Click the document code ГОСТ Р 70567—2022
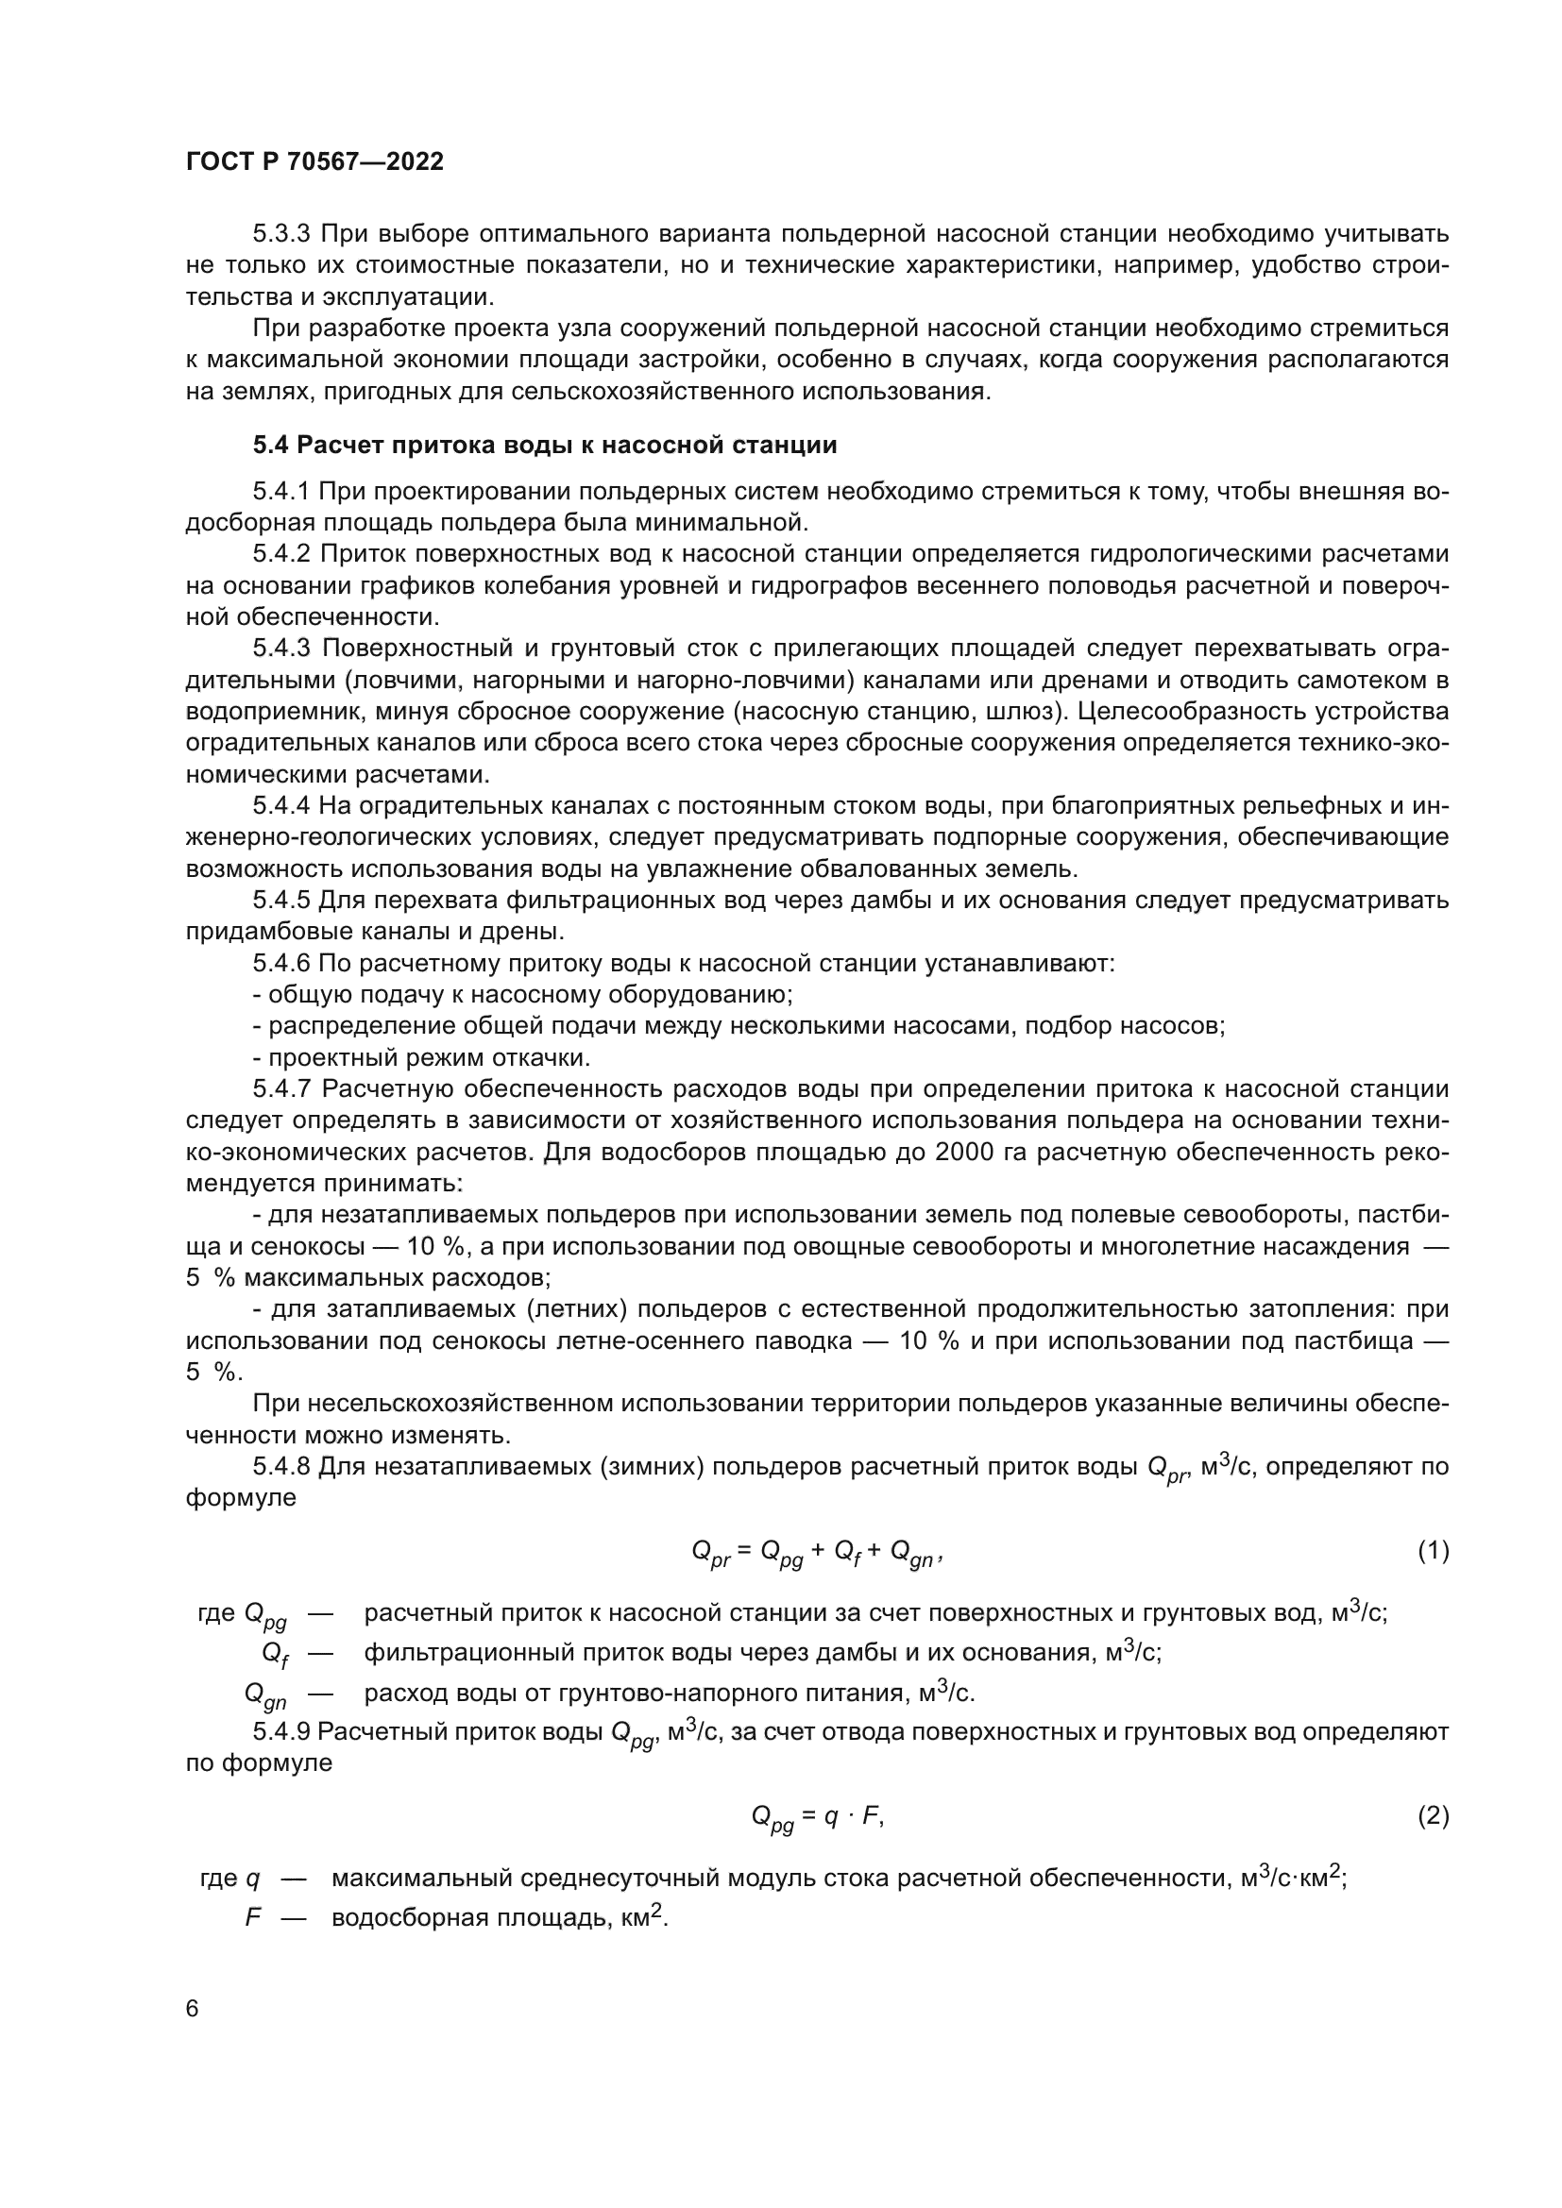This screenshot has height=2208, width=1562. click(314, 161)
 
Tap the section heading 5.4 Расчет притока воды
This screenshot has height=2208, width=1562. click(544, 446)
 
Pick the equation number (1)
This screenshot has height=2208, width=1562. click(1433, 1551)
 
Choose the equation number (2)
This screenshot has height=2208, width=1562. click(1433, 1815)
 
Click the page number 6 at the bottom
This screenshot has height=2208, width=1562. click(193, 2009)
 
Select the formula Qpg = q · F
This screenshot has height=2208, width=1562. click(817, 1816)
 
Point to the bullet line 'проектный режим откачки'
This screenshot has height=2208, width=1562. click(421, 1058)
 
